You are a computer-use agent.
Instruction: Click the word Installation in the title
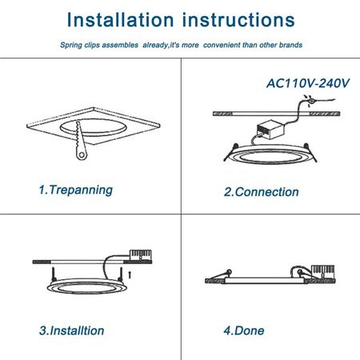(x=121, y=20)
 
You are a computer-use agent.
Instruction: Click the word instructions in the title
(x=238, y=20)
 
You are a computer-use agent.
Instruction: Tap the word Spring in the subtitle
(x=71, y=45)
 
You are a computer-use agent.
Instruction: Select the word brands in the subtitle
(x=290, y=45)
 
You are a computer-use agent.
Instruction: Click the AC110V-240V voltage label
(x=308, y=83)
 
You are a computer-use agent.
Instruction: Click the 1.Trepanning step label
(x=76, y=190)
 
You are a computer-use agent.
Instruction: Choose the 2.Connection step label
(x=262, y=192)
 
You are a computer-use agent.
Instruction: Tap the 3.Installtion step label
(x=71, y=330)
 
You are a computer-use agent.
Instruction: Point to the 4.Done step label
(x=244, y=330)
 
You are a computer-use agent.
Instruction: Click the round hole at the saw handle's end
(x=82, y=155)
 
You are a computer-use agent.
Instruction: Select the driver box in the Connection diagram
(x=270, y=130)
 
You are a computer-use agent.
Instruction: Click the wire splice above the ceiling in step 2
(x=311, y=101)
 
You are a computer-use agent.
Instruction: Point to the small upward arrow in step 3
(x=130, y=274)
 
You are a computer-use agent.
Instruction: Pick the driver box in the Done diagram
(x=323, y=272)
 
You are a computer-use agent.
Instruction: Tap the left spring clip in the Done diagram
(x=221, y=274)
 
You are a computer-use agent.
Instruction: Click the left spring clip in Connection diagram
(x=231, y=152)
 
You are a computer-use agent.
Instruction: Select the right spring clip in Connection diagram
(x=311, y=153)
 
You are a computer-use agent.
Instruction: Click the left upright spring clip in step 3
(x=54, y=274)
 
